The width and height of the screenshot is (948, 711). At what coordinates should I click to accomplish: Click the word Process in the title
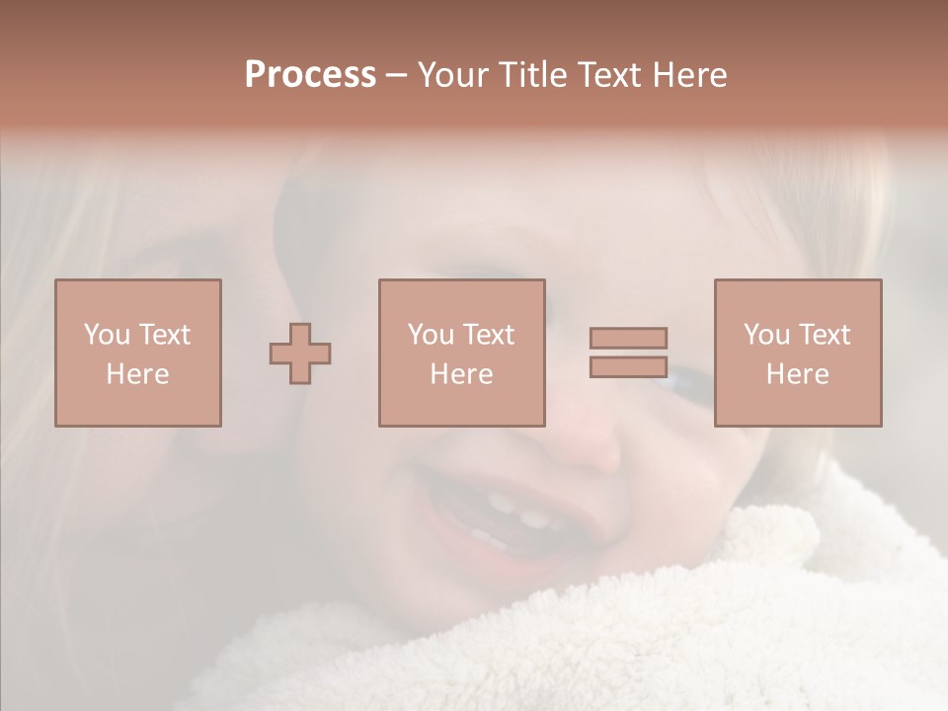click(310, 75)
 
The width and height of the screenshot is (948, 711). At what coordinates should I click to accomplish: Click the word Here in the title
click(693, 75)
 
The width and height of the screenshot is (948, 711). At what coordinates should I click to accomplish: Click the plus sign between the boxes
click(300, 354)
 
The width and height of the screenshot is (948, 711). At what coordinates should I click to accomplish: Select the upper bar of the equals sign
click(628, 338)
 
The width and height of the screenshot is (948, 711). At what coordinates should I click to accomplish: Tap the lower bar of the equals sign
click(628, 366)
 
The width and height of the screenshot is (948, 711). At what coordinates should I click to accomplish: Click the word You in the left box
click(106, 335)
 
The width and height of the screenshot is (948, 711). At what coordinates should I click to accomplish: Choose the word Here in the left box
click(137, 374)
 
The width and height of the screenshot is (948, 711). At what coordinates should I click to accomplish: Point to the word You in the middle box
click(431, 335)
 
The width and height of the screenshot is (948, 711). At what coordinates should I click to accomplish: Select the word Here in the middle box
click(461, 374)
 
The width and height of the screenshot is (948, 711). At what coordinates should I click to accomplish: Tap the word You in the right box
click(766, 335)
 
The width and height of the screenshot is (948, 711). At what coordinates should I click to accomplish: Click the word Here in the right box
click(797, 374)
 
